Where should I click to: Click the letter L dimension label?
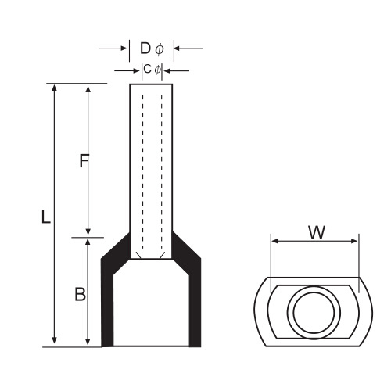(46, 217)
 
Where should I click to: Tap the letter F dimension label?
(84, 160)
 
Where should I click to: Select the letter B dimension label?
(80, 294)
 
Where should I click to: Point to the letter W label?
(317, 232)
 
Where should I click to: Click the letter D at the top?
(145, 48)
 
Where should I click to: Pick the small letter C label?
(147, 69)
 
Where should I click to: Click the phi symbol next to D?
(160, 49)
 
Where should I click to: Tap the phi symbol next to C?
(157, 70)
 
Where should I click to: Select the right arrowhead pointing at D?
(178, 48)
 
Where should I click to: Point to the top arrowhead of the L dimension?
(54, 88)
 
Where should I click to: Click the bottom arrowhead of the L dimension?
(54, 340)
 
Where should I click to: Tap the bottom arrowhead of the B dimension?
(88, 341)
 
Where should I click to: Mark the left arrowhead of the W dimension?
(274, 242)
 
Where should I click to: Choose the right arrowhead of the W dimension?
(354, 242)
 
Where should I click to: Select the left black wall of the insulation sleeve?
(107, 300)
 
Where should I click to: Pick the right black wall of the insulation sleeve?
(195, 300)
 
